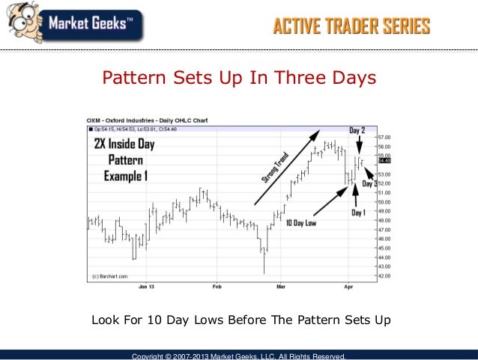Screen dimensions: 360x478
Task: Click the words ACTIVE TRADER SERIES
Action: coord(351,27)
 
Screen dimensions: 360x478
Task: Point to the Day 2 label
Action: coord(357,130)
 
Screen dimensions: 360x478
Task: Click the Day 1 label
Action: coord(358,213)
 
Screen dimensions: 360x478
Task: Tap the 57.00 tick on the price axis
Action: coord(384,138)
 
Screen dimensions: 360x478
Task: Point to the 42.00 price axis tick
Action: coord(384,275)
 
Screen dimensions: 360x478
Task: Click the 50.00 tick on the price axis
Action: coord(384,202)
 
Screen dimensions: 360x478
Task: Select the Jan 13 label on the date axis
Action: coord(147,286)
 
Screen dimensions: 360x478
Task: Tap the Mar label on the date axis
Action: coord(281,286)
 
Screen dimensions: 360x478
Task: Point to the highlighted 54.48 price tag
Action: coord(384,160)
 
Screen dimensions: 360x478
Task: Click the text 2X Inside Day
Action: coord(129,144)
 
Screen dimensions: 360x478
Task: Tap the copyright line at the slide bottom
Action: coord(238,356)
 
